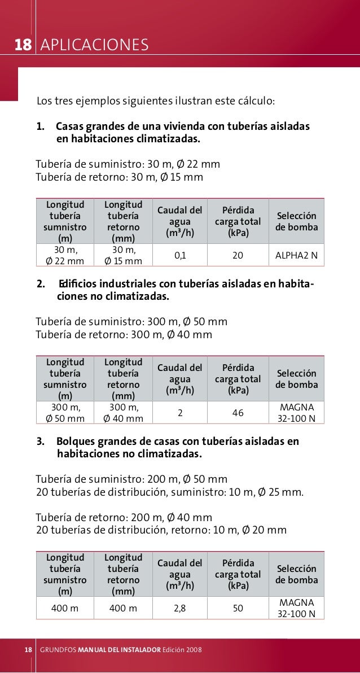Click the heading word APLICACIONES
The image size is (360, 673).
point(94,45)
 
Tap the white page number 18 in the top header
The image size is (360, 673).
point(22,45)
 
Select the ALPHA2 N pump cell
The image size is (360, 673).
point(296,255)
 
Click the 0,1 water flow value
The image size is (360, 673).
point(180,255)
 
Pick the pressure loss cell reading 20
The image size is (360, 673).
point(238,255)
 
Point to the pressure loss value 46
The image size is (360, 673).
point(238,413)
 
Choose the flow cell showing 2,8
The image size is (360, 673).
point(180,608)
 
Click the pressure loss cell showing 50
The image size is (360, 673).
point(238,608)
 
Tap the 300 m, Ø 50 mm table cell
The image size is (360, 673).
point(65,413)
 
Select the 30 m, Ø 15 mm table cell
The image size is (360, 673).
point(124,255)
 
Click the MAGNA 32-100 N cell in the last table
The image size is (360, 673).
point(296,608)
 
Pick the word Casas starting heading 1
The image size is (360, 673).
point(70,125)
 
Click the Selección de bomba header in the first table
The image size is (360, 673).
point(296,222)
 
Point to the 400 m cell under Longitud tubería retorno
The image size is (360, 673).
point(124,608)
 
